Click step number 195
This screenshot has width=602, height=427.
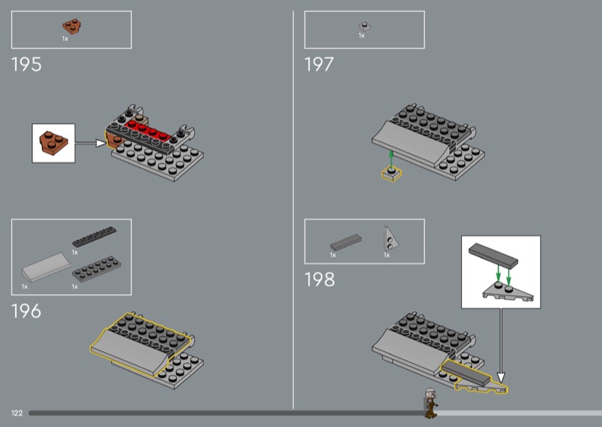tap(26, 65)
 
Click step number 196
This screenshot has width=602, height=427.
tap(26, 311)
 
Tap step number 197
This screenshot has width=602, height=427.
tap(319, 65)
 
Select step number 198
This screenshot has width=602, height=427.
tap(319, 280)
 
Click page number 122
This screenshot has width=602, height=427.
tap(17, 413)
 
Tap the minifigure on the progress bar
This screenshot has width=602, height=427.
tap(430, 403)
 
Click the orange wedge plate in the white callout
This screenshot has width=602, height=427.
tap(53, 143)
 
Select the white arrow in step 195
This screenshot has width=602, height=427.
tap(90, 143)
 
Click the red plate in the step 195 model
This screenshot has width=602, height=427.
tap(147, 131)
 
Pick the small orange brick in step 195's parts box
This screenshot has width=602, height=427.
tap(71, 26)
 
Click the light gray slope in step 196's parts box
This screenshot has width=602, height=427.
tap(46, 267)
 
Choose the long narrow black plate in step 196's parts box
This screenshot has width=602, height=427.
tap(95, 236)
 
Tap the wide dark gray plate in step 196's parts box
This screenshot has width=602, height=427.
tap(96, 269)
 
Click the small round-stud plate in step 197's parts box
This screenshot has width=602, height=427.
tap(365, 26)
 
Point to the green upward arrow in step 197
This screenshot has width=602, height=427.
tap(391, 159)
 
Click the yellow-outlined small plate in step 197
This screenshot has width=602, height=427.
tap(391, 174)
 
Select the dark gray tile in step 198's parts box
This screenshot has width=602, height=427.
tap(346, 243)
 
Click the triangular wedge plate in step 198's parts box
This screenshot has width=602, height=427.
tap(390, 238)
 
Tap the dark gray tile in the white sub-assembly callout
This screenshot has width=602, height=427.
tap(493, 256)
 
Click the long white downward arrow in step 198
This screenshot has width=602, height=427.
tap(500, 345)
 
